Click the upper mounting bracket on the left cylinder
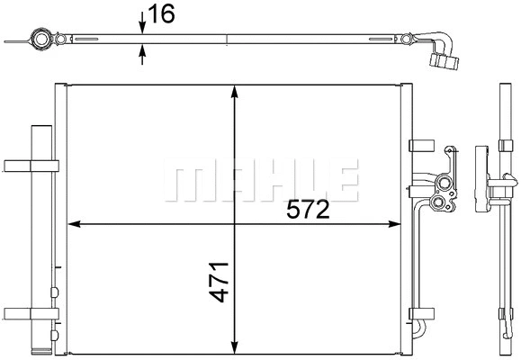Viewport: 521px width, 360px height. coord(31,165)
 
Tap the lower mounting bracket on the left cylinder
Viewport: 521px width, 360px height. coord(31,313)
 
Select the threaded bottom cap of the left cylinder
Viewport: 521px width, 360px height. coord(41,346)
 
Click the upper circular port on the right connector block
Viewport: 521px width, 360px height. coord(442,187)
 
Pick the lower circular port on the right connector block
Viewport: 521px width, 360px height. coord(441,206)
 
